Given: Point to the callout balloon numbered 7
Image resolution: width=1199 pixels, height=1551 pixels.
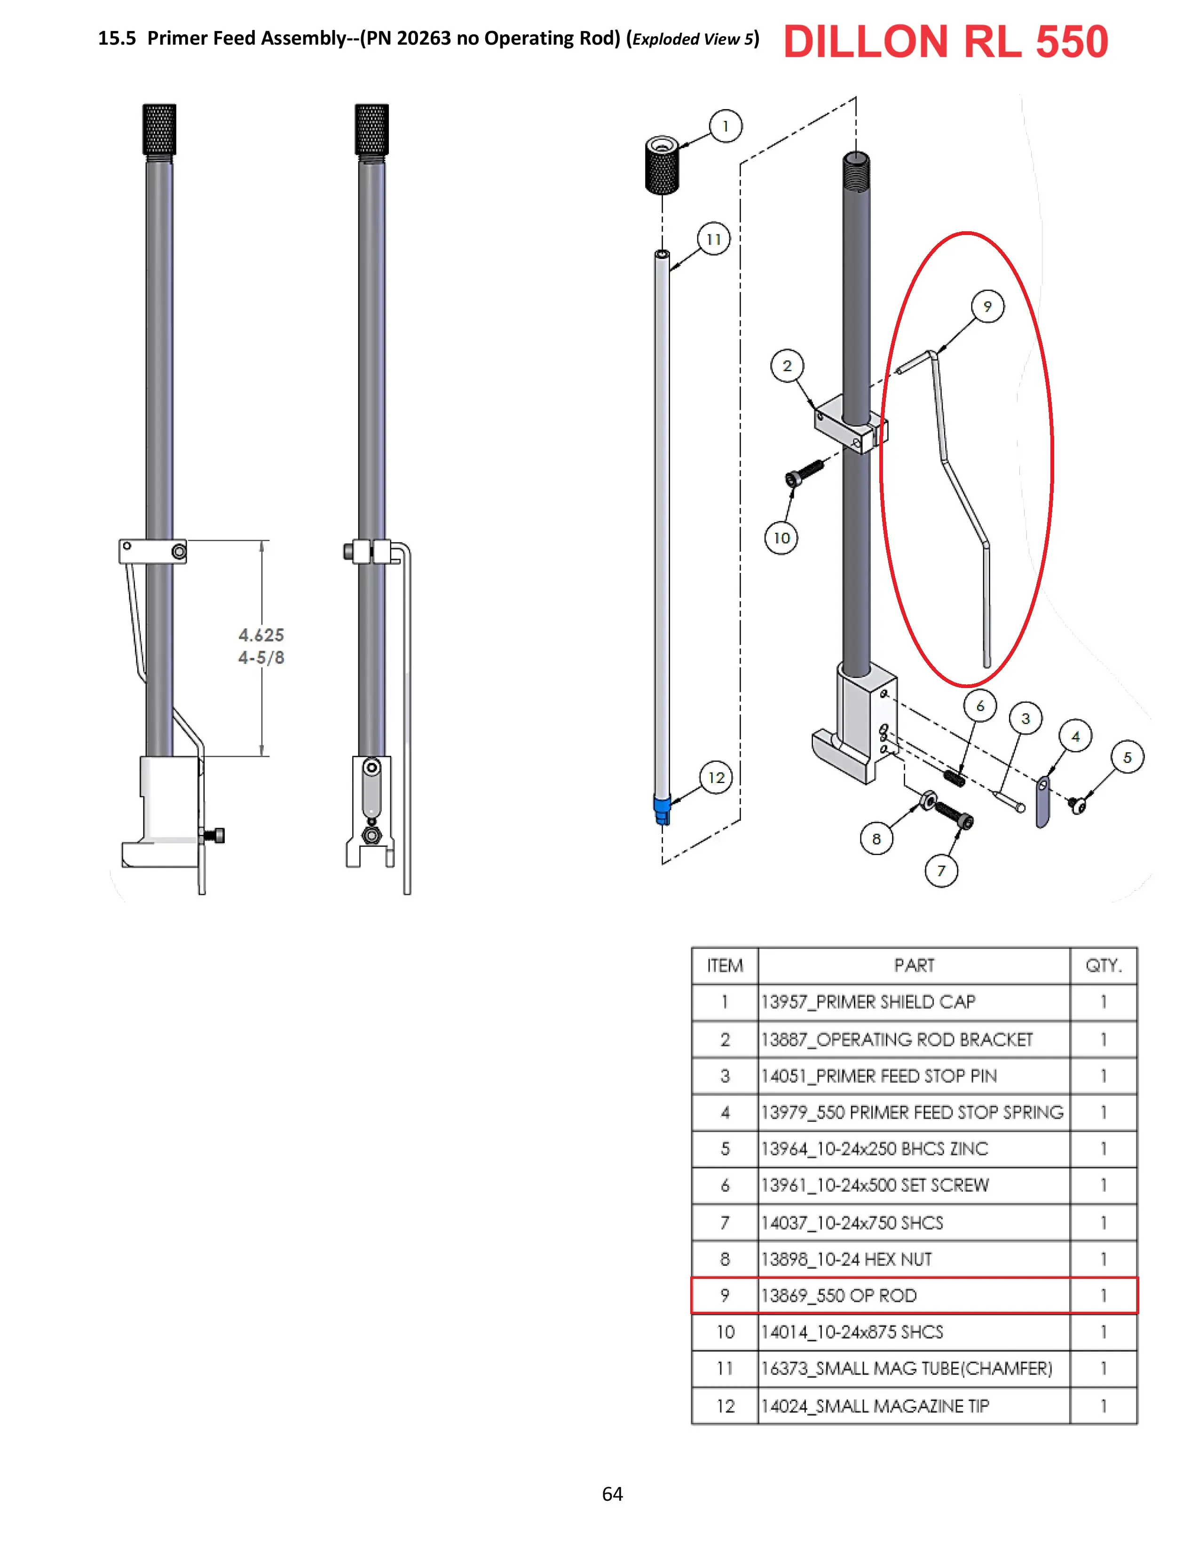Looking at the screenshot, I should point(941,870).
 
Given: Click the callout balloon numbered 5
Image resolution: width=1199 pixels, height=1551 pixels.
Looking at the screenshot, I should point(1127,758).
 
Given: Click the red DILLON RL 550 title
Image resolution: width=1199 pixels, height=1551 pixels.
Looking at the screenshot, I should point(946,41).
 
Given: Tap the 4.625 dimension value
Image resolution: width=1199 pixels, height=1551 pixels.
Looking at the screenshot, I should point(260,635).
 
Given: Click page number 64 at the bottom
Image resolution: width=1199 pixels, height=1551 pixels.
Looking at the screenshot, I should point(612,1494).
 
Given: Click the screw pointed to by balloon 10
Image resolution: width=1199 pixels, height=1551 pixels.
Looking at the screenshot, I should point(805,472).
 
